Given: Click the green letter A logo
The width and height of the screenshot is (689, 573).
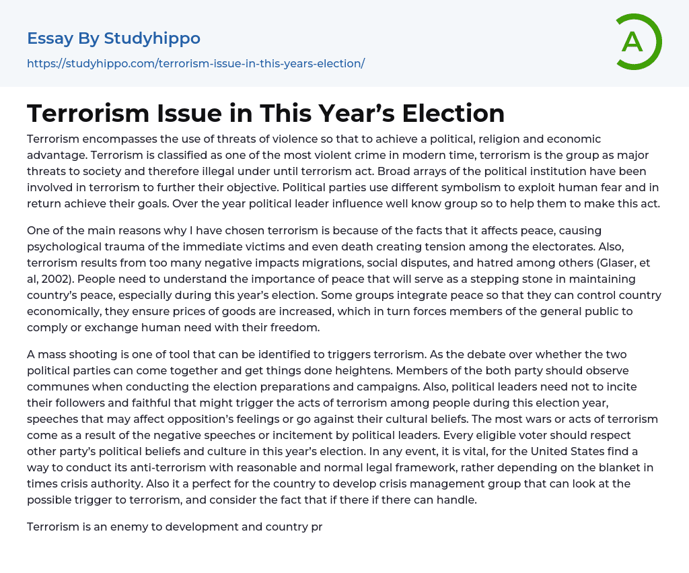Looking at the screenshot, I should (x=638, y=42).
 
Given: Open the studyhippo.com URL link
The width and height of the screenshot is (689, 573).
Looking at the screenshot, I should (x=196, y=63).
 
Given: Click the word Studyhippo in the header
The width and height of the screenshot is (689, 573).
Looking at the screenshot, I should (x=152, y=38).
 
